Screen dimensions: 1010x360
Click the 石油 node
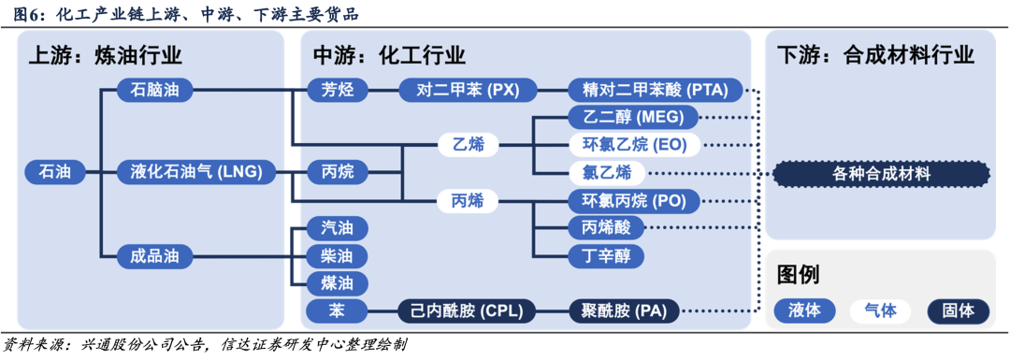pyautogui.click(x=55, y=172)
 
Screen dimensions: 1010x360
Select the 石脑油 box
pyautogui.click(x=155, y=90)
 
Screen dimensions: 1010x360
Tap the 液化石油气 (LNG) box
pyautogui.click(x=196, y=172)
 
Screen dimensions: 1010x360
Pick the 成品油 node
pyautogui.click(x=155, y=257)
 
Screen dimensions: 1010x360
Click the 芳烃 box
pyautogui.click(x=337, y=90)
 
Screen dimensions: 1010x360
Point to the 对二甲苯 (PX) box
pyautogui.click(x=469, y=90)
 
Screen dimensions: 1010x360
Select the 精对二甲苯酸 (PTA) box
pyautogui.click(x=656, y=90)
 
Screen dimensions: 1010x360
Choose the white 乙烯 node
pyautogui.click(x=469, y=146)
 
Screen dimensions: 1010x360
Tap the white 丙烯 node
pyautogui.click(x=469, y=202)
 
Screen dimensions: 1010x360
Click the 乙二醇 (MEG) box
pyautogui.click(x=634, y=117)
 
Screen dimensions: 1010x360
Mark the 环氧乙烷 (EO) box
pyautogui.click(x=634, y=145)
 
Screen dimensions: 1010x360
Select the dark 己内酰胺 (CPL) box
pyautogui.click(x=469, y=311)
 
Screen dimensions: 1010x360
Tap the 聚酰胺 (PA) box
pyautogui.click(x=624, y=311)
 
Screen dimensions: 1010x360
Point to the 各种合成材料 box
pyautogui.click(x=881, y=173)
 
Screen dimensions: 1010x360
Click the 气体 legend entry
pyautogui.click(x=881, y=311)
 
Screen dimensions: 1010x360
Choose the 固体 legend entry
pyautogui.click(x=959, y=311)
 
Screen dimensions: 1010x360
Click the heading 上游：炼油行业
pyautogui.click(x=106, y=55)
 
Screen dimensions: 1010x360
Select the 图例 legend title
pyautogui.click(x=798, y=274)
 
